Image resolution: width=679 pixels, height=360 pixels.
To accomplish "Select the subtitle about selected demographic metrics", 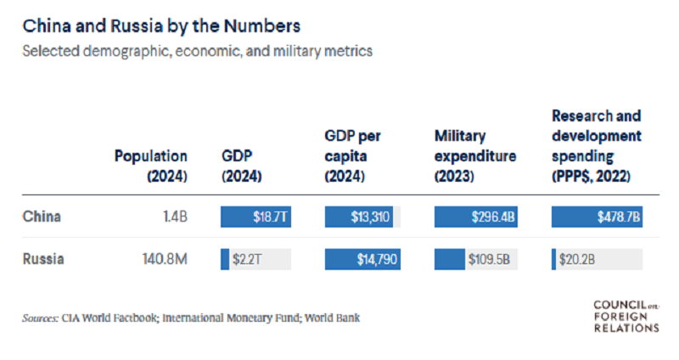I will point(198,51).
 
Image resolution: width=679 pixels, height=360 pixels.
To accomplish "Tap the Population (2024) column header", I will point(151,166).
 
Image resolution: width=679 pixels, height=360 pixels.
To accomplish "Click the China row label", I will point(40,217).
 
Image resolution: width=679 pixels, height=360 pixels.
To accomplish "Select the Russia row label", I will point(43,258).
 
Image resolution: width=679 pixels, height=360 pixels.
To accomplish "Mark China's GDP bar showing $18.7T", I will point(255,217).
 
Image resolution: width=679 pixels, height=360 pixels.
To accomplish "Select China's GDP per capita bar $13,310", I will point(359,217).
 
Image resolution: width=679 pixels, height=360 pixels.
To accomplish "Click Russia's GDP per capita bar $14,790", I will point(362,258).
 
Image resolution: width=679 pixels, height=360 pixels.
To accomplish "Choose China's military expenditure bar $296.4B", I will point(474,217).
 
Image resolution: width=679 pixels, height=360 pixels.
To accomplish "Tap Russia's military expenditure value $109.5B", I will point(487,258).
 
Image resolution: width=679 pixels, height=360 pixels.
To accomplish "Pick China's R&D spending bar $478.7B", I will point(597,217).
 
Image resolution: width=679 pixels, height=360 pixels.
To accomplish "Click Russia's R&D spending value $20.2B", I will point(576,258).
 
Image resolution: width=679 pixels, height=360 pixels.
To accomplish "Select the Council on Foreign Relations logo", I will point(626,316).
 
